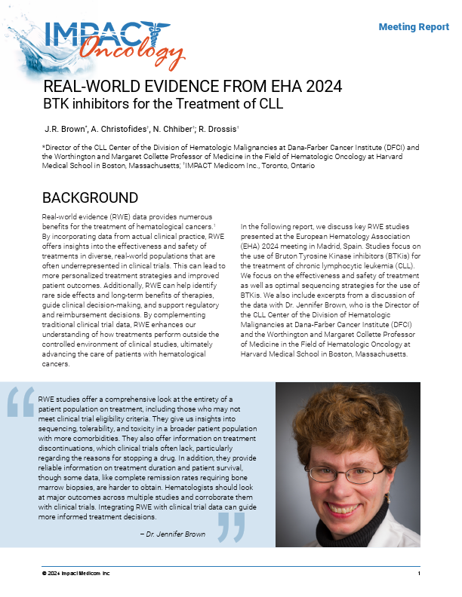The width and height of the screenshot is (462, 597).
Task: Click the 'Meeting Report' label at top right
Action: pos(414,27)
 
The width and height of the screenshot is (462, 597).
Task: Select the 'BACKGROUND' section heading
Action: pos(90,198)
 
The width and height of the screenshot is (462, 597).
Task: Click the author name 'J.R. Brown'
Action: pos(66,128)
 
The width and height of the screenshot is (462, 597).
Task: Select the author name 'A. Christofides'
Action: pos(122,128)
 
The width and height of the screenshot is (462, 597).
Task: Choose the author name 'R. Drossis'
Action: pos(220,128)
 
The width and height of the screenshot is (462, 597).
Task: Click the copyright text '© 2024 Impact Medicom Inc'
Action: pos(75,574)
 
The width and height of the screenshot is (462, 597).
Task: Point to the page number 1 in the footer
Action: pos(418,574)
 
